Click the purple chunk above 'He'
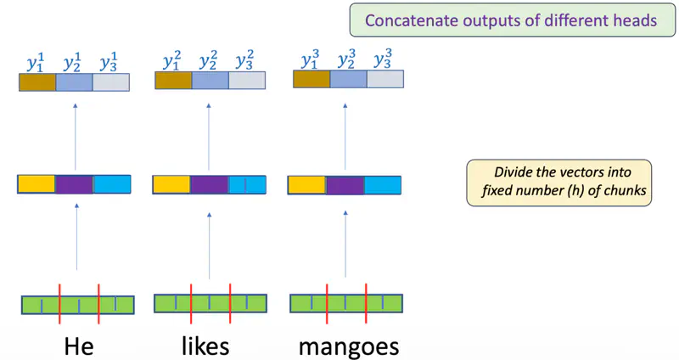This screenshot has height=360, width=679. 74,184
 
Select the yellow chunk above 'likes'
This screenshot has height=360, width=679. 171,185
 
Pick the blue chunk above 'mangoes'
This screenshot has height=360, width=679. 384,185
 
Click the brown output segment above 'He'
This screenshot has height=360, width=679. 37,82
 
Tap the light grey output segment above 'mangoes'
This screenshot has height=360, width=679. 384,79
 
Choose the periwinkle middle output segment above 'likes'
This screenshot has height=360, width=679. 210,81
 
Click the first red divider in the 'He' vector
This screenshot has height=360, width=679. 59,304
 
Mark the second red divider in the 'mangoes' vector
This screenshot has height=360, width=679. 366,303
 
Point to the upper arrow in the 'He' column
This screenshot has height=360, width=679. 75,136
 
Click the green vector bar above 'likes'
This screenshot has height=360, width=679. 210,303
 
